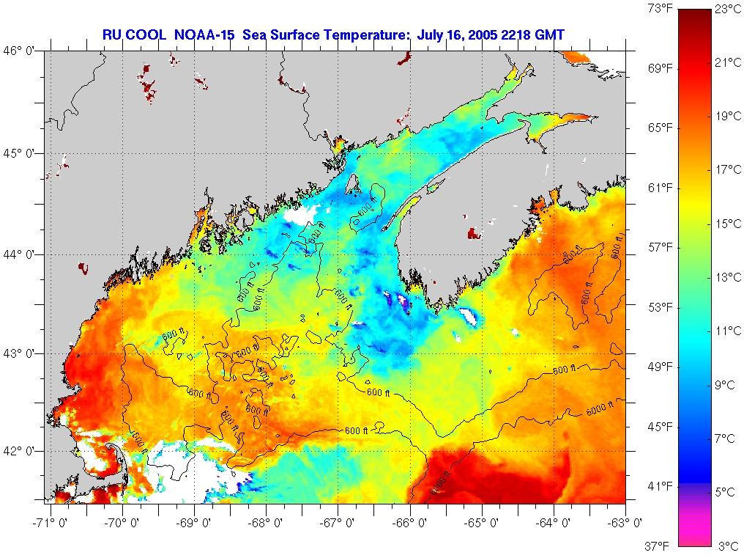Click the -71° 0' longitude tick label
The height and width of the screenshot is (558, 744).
click(51, 523)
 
